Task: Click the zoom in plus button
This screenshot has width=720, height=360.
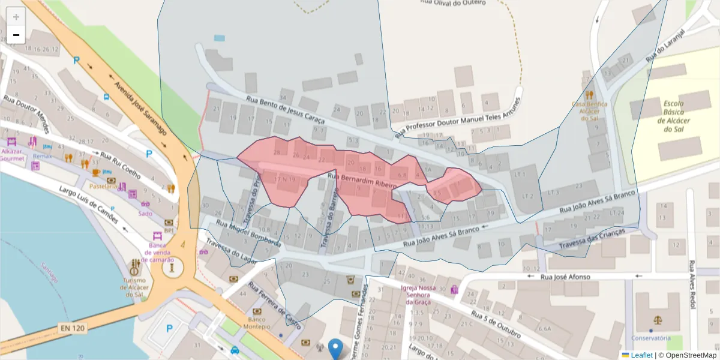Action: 16,17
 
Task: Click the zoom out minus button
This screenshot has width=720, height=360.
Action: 16,35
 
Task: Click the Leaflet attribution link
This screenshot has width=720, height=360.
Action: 641,355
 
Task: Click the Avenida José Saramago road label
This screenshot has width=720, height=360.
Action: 143,108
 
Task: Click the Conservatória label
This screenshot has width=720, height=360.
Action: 650,338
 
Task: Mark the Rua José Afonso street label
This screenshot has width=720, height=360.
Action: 565,277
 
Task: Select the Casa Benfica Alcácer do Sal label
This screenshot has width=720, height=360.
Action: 589,111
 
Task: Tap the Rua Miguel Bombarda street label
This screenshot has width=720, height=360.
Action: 248,233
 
